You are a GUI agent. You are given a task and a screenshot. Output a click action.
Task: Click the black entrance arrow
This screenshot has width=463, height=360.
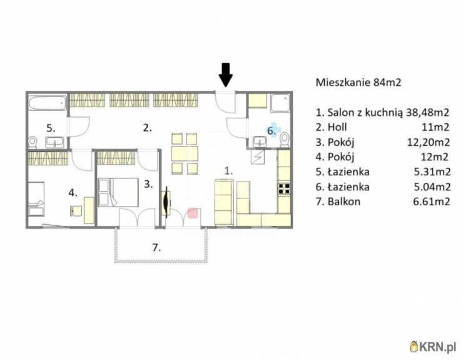click(226, 75)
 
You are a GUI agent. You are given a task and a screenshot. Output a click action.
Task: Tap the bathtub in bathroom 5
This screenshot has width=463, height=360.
click(48, 103)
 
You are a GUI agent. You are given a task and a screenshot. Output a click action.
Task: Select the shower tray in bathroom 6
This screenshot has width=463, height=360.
click(280, 103)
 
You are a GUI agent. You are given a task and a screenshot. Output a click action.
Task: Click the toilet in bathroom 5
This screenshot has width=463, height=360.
click(33, 143)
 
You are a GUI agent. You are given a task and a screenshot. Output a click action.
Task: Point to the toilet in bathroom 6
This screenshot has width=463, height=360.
click(285, 139)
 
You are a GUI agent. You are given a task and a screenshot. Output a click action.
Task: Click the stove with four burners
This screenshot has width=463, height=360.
click(284, 188)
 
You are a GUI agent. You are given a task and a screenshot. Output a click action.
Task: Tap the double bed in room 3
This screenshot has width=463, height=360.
click(118, 192)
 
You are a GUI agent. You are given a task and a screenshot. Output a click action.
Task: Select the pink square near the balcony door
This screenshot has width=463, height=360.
click(193, 213)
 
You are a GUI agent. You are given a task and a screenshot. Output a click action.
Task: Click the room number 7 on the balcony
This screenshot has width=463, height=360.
click(156, 247)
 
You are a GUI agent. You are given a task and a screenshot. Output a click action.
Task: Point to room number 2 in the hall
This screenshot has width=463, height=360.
click(147, 128)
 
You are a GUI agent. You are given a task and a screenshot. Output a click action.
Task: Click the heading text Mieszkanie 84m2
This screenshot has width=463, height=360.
click(359, 82)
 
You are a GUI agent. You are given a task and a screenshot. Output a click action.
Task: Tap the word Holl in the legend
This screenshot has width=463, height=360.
click(337, 127)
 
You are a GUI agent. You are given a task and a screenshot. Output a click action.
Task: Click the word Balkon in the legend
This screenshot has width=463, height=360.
click(344, 202)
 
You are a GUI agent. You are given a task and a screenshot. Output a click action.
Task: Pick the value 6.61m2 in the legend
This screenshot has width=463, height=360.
click(432, 202)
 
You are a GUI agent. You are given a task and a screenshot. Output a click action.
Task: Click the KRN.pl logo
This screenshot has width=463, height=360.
click(433, 346)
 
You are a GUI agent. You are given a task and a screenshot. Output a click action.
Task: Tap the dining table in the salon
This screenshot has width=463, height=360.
click(184, 153)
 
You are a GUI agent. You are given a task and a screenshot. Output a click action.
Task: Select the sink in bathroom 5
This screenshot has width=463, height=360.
click(54, 142)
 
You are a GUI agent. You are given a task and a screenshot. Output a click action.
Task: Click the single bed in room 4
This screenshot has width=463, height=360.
click(36, 198)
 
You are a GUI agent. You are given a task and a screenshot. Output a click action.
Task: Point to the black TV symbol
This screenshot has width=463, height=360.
click(167, 202)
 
